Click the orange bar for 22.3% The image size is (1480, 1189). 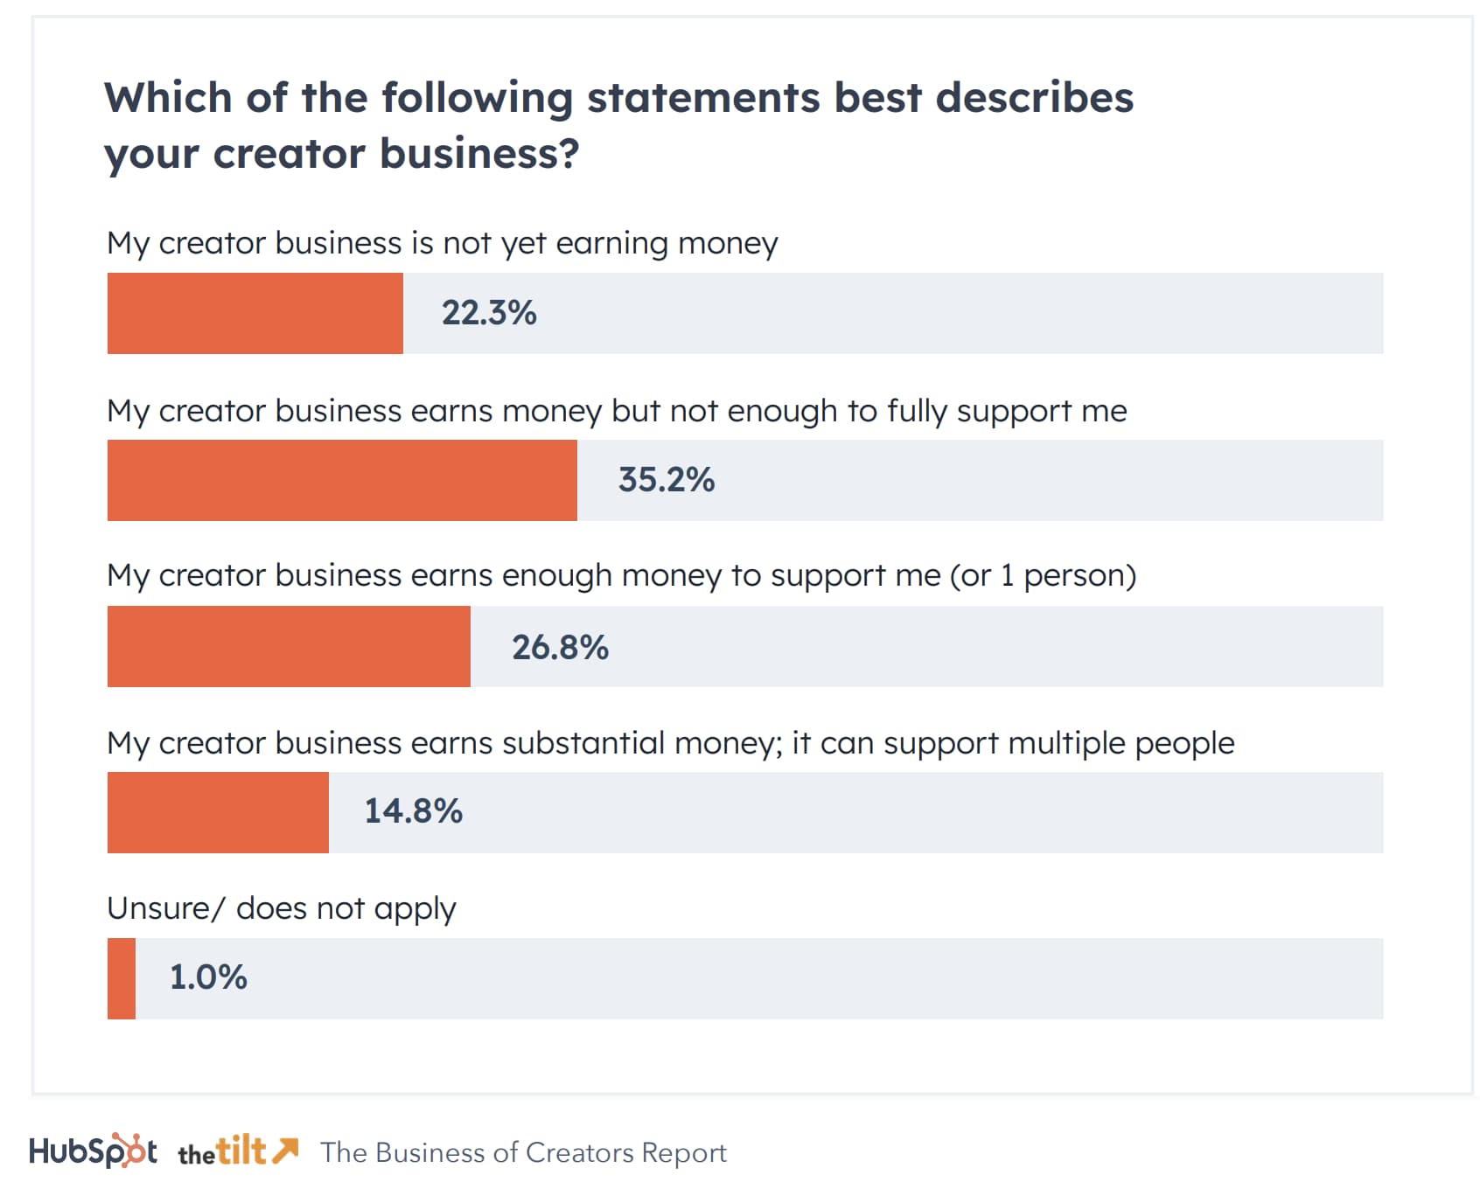255,313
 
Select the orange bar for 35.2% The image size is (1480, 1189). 342,480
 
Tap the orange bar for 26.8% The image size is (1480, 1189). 289,646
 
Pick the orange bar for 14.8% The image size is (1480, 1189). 218,812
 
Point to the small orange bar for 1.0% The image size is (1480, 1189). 122,978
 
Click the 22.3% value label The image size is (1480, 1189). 489,313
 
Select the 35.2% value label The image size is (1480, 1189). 667,480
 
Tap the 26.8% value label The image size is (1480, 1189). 560,648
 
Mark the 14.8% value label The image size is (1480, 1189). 413,811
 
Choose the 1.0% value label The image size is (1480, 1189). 208,977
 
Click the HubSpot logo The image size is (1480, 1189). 93,1151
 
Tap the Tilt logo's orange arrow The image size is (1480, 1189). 285,1150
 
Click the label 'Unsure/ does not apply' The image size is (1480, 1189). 281,909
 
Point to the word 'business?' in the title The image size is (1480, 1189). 479,154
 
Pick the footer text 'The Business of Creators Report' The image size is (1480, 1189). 523,1152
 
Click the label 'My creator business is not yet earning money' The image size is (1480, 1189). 442,243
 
